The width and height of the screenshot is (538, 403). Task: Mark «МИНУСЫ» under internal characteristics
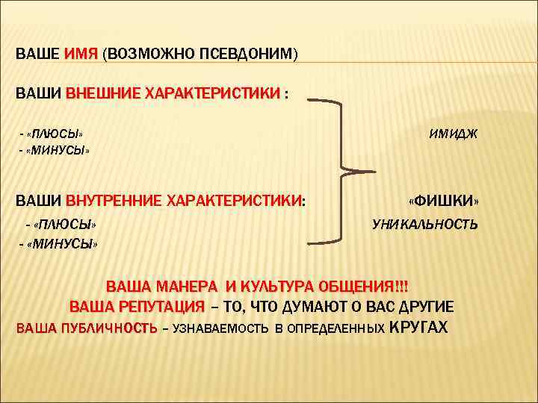tap(64, 243)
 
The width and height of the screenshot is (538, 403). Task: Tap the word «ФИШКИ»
tap(444, 201)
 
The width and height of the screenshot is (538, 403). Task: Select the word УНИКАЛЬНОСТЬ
tap(425, 224)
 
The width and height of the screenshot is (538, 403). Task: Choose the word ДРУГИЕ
tap(424, 307)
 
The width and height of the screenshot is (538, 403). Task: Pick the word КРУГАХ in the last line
tap(419, 327)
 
